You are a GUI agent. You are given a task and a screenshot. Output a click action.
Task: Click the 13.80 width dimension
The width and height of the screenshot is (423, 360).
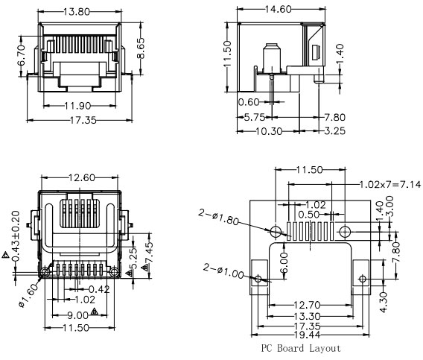77,12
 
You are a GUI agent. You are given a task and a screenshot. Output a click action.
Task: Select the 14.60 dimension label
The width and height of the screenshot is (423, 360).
278,9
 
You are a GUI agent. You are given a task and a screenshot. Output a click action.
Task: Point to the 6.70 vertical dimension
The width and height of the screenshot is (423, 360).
21,55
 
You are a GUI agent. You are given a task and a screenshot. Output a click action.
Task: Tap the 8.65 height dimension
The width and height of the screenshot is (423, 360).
141,48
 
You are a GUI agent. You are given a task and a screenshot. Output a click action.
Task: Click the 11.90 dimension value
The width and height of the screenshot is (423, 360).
77,106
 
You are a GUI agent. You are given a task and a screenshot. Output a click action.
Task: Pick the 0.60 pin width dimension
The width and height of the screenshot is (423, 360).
249,102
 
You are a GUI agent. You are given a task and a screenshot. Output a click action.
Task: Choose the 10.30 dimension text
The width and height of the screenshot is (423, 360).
269,131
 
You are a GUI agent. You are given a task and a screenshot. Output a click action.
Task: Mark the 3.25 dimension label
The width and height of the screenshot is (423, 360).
334,131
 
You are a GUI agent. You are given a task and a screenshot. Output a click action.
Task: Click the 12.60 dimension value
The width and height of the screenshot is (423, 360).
82,177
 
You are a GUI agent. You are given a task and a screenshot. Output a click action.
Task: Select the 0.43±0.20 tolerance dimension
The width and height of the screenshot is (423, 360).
16,236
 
